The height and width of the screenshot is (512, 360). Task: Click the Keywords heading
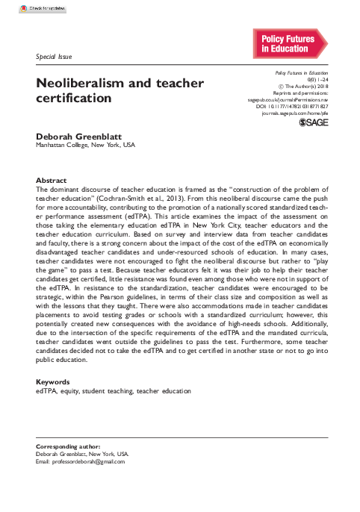53,381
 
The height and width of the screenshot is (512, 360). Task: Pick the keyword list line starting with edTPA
113,390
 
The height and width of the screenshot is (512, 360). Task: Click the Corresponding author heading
68,446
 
